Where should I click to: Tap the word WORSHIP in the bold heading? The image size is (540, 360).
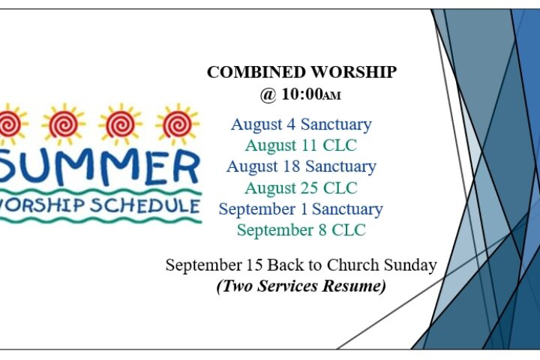tap(354, 72)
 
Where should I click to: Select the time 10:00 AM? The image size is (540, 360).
tap(311, 94)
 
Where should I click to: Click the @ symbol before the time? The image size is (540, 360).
tap(268, 94)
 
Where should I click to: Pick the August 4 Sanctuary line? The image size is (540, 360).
tap(301, 124)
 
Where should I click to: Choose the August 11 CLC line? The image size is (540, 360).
tap(301, 145)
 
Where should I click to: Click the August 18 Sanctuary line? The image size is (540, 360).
tap(301, 166)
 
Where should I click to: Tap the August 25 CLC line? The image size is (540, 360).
tap(301, 188)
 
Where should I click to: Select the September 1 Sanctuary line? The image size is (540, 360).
tap(301, 209)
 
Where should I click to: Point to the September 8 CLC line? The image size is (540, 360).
tap(301, 230)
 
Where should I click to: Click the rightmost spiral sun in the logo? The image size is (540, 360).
tap(178, 124)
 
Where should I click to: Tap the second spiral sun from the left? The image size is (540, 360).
tap(64, 124)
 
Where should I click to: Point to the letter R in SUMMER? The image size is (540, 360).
tap(186, 166)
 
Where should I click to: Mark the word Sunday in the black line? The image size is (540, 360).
tap(410, 265)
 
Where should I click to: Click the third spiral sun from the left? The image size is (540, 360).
tap(121, 124)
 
